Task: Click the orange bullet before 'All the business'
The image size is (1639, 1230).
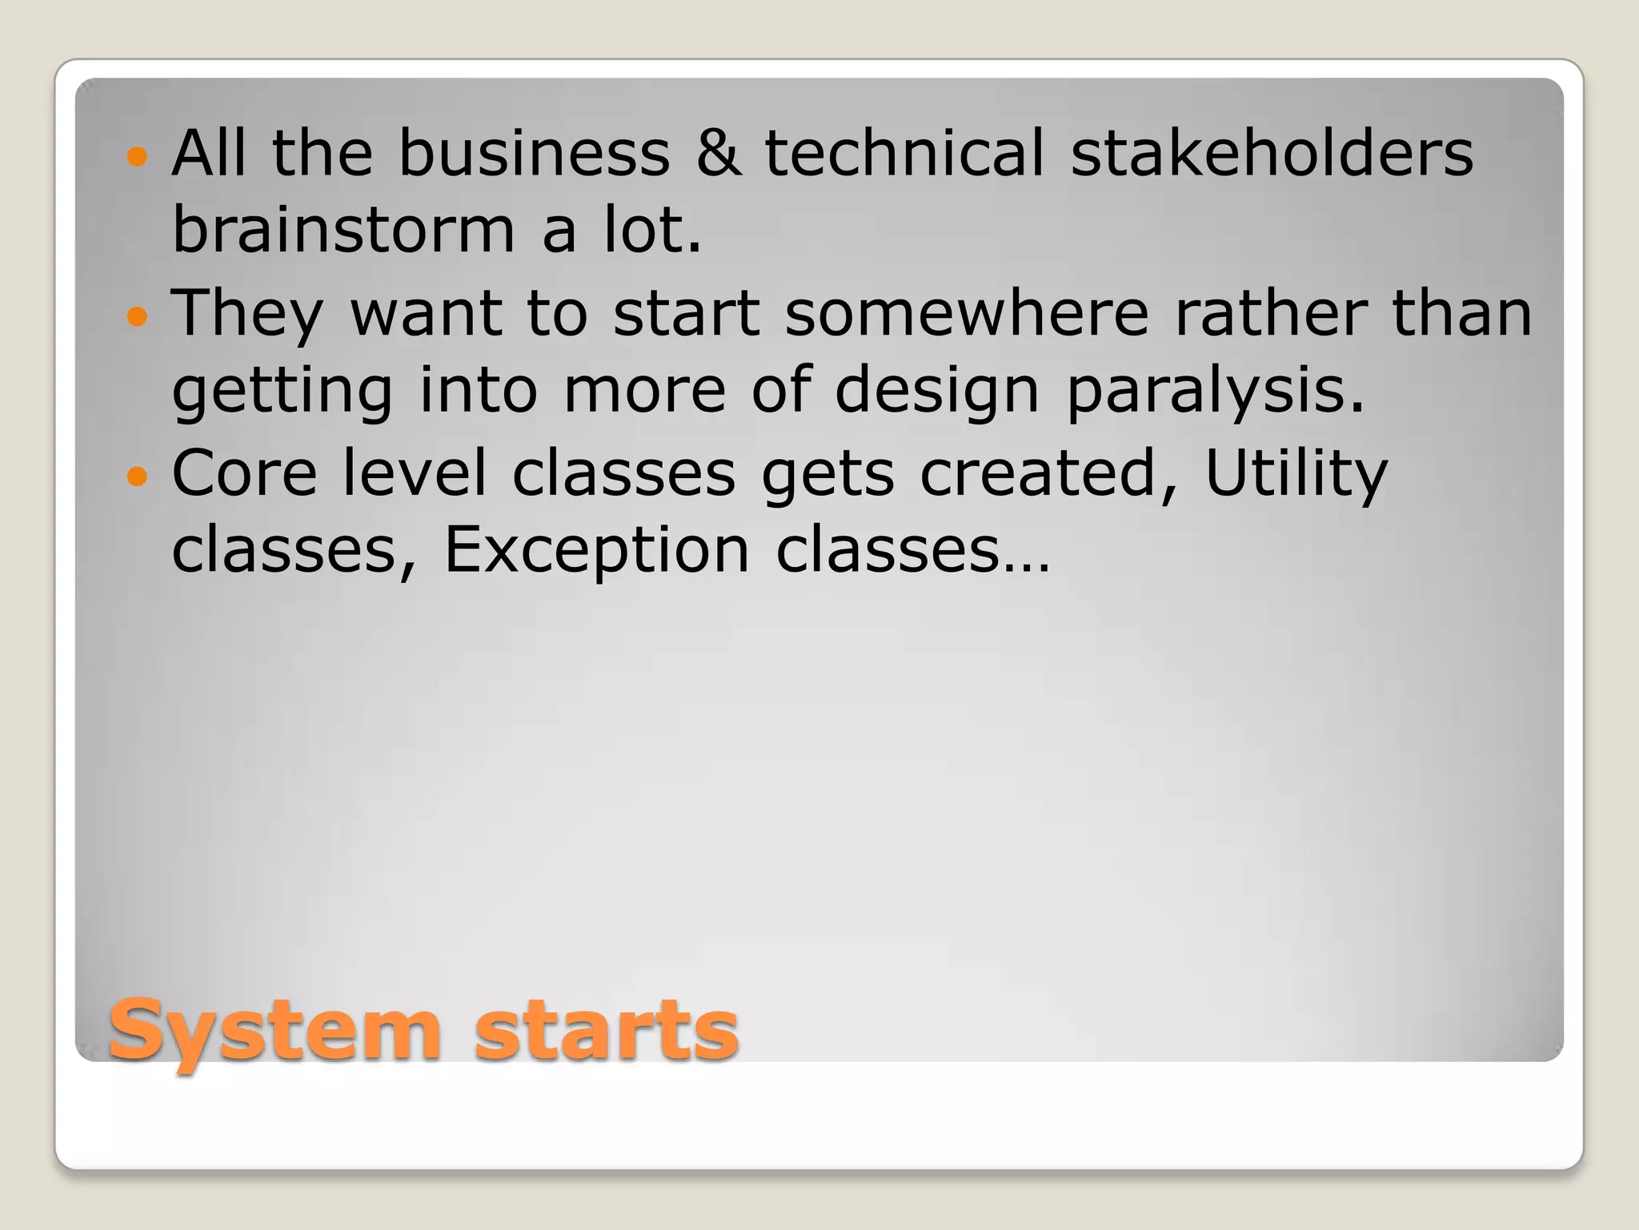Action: tap(138, 155)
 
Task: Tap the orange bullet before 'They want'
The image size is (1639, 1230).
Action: tap(138, 316)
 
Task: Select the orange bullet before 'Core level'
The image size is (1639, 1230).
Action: tap(138, 476)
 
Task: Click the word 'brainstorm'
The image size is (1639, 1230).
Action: tap(343, 230)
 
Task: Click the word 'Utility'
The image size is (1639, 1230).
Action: tap(1296, 475)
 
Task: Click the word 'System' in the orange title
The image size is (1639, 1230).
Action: tap(275, 1031)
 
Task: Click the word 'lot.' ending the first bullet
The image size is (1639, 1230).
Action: tap(652, 230)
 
